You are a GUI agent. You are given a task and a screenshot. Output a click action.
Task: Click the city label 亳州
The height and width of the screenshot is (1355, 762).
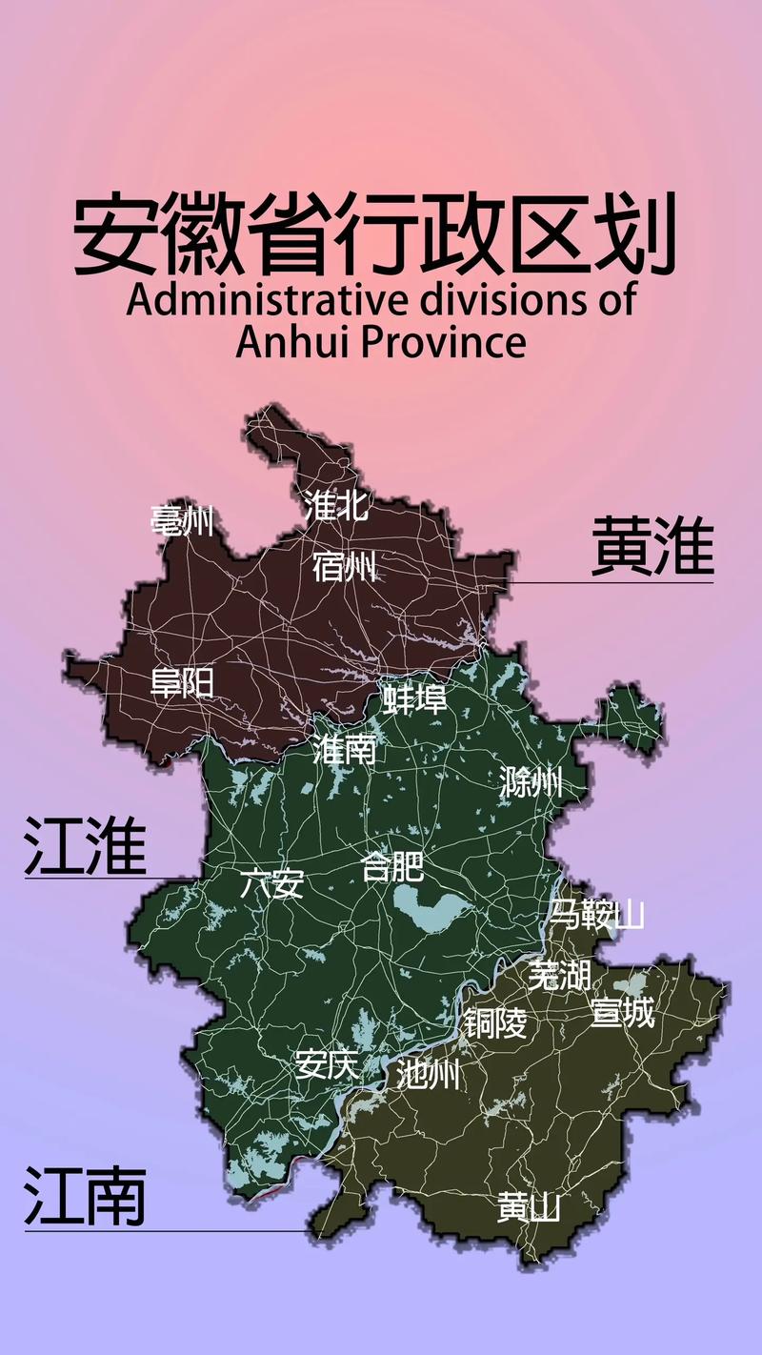(182, 521)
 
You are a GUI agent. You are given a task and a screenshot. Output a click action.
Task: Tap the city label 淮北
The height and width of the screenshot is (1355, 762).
(335, 505)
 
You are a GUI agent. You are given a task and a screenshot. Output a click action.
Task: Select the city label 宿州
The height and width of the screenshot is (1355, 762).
(344, 568)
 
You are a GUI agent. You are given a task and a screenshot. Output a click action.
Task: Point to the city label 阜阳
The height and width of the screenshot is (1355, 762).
(182, 682)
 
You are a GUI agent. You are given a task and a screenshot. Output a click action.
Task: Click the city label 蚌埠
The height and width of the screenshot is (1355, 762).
(414, 699)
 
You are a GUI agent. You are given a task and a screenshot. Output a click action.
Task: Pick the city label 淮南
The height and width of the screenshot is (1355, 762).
(345, 750)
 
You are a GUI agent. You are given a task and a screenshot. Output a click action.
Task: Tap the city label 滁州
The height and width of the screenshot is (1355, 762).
(531, 783)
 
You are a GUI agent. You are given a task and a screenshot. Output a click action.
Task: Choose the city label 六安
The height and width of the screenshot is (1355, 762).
(272, 884)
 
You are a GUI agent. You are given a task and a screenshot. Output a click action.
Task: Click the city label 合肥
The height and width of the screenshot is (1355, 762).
(392, 867)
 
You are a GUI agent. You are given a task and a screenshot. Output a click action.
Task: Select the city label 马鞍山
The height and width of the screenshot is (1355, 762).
(596, 915)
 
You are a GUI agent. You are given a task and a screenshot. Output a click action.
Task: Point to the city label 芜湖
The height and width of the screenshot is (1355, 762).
(559, 975)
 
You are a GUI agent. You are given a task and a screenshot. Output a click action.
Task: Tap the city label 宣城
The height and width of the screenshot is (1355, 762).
(623, 1012)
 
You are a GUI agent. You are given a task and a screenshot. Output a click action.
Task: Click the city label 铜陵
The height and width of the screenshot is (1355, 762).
(495, 1023)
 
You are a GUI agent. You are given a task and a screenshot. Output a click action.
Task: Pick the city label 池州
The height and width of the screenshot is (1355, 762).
(429, 1075)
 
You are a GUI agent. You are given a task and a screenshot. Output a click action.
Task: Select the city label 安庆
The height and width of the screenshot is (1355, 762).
(327, 1063)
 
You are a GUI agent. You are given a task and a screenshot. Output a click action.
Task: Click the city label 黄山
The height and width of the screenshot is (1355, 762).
(529, 1207)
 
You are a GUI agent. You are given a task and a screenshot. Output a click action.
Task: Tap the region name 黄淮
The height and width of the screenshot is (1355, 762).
(652, 546)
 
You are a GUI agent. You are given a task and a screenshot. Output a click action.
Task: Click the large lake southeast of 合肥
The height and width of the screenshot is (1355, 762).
(429, 910)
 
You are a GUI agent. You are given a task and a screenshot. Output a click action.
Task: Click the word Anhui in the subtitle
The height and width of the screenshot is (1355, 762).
(291, 341)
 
